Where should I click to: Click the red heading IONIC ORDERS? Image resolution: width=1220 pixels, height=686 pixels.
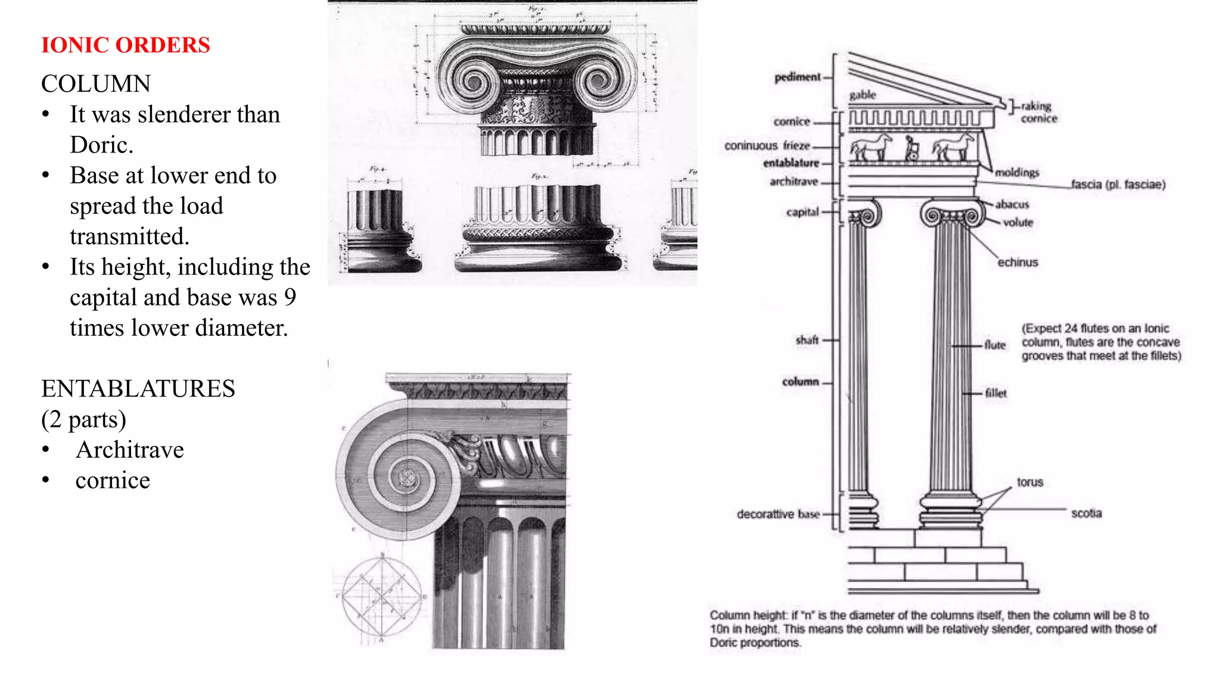(x=125, y=45)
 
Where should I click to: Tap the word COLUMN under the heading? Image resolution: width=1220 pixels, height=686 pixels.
(x=96, y=84)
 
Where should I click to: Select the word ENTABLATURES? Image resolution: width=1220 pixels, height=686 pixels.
(x=138, y=389)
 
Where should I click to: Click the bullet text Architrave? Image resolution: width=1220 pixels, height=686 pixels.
(x=130, y=450)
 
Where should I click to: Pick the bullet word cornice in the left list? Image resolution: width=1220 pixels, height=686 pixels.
(x=113, y=481)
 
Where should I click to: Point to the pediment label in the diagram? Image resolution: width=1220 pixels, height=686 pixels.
(x=797, y=77)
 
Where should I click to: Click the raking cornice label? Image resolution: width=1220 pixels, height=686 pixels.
(x=1038, y=112)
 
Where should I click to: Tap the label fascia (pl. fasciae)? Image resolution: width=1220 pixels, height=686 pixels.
(x=1118, y=185)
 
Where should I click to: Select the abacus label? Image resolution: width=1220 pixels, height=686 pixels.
(x=1012, y=204)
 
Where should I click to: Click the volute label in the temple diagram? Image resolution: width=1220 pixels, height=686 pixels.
(x=1017, y=223)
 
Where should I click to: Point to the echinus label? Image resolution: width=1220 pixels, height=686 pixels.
(x=1017, y=263)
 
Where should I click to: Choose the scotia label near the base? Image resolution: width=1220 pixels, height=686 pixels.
(x=1086, y=513)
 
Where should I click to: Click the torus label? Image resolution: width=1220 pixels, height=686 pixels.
(x=1029, y=482)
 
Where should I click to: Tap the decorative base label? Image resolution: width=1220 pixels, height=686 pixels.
(x=777, y=514)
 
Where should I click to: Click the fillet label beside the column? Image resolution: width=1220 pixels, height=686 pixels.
(x=995, y=393)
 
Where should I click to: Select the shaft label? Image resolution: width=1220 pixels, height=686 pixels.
(x=807, y=340)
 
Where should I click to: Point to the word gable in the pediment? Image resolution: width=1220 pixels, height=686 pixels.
(x=862, y=95)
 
